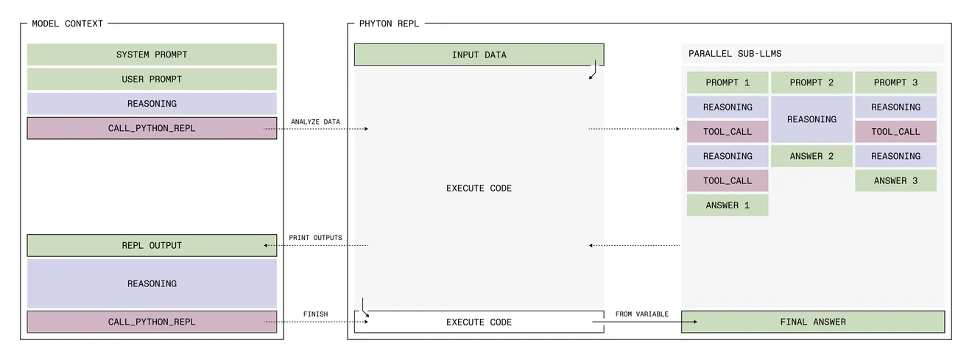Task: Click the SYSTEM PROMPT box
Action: tap(152, 54)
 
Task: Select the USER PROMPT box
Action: tap(152, 79)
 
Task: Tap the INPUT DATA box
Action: tap(479, 54)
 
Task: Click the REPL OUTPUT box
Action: tap(152, 245)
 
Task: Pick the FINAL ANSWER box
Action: tap(812, 322)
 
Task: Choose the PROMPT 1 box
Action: tap(728, 82)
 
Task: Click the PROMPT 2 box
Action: tap(811, 82)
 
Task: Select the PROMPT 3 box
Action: tap(895, 82)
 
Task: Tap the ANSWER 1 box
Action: tap(728, 205)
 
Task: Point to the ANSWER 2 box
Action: tap(811, 156)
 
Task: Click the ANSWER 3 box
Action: tap(895, 180)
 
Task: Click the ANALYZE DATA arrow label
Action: tap(315, 121)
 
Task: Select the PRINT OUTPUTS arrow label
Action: tap(315, 238)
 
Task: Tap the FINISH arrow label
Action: tap(315, 314)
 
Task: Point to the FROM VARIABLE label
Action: tap(642, 314)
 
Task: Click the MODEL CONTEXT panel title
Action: tap(68, 24)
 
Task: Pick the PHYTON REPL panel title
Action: tap(389, 24)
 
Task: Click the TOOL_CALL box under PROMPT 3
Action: tap(895, 132)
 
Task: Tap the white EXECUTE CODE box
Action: tap(479, 322)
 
